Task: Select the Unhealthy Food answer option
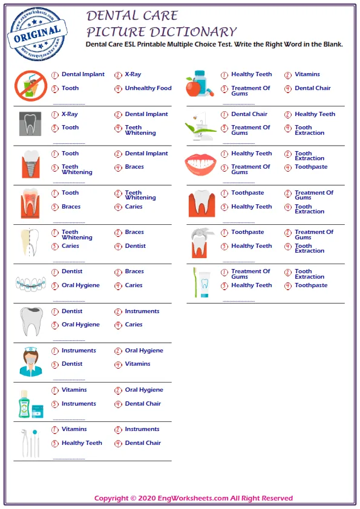pos(148,88)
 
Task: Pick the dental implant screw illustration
pos(30,162)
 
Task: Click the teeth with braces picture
pos(30,282)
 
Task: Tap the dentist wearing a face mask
pos(30,361)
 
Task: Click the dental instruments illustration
pos(30,443)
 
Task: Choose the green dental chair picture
pos(200,125)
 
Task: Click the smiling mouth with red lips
pos(200,163)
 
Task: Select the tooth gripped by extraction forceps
pos(200,242)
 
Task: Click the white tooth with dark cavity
pos(30,321)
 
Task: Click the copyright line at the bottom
pos(194,498)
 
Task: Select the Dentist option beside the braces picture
pos(72,271)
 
